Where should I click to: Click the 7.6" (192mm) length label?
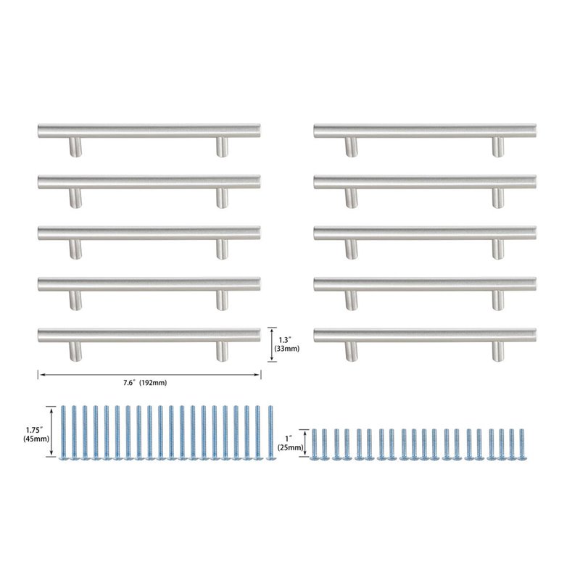pyautogui.click(x=145, y=383)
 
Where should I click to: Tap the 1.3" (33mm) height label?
pyautogui.click(x=286, y=344)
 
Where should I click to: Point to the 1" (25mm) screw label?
pyautogui.click(x=291, y=443)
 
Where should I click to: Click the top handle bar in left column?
pyautogui.click(x=149, y=131)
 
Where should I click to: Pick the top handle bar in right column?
pyautogui.click(x=425, y=131)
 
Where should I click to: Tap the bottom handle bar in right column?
pyautogui.click(x=425, y=336)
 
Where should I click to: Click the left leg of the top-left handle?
pyautogui.click(x=75, y=147)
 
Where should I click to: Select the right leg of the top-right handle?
pyautogui.click(x=498, y=147)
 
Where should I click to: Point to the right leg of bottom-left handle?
pyautogui.click(x=222, y=352)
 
